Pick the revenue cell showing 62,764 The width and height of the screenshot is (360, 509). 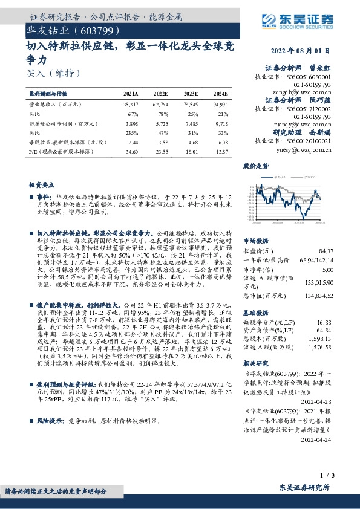(160, 105)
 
